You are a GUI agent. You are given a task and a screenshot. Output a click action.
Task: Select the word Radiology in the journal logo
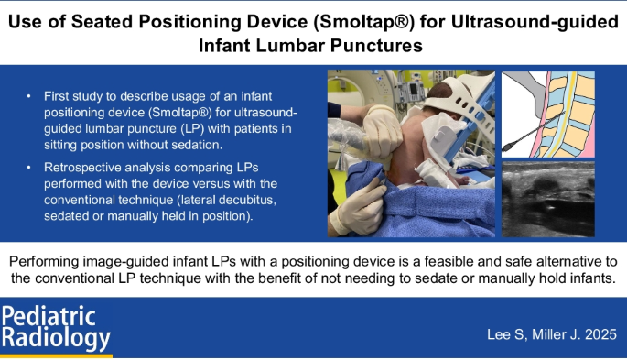coord(55,340)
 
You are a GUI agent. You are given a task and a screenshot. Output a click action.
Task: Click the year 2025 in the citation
coord(596,334)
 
